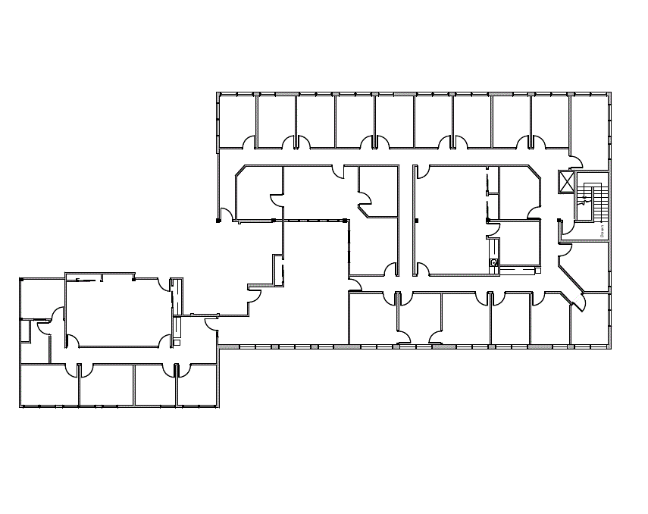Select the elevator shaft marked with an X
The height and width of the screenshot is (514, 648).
coord(566,181)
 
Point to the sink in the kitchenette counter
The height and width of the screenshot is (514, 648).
coord(493,263)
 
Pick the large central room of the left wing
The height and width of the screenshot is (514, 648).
coord(117,312)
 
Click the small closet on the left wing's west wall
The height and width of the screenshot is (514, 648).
coord(25,331)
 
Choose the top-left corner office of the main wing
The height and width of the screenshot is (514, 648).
coord(237,121)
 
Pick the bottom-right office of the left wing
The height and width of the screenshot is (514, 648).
coord(196,386)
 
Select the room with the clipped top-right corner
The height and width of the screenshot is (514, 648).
coord(519,193)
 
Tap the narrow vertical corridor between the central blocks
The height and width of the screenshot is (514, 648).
coord(405,220)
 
